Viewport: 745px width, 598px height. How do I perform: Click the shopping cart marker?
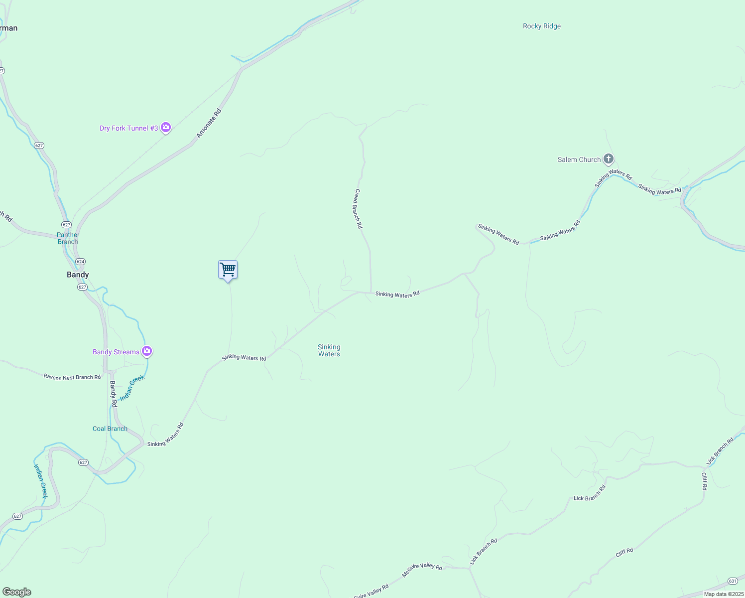[x=228, y=270]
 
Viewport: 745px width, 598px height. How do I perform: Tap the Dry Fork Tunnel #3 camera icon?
[x=166, y=128]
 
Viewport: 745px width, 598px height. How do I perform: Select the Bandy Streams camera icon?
[x=146, y=351]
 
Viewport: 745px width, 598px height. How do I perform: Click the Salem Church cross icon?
[x=608, y=159]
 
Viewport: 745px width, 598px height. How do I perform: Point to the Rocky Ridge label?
[x=541, y=26]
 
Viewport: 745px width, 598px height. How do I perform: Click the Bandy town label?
[x=78, y=275]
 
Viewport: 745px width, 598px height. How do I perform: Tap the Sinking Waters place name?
[x=329, y=350]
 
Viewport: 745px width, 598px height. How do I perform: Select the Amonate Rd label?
[x=208, y=124]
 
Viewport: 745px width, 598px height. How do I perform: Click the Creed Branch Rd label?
[x=358, y=208]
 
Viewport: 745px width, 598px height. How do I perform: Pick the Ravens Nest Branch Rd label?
[x=72, y=377]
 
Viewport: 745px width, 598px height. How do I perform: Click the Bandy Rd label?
[x=113, y=394]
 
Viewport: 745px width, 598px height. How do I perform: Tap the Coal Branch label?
[x=110, y=429]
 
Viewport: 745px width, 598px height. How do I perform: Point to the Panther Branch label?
[x=68, y=238]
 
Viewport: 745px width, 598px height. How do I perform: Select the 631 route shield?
[x=732, y=581]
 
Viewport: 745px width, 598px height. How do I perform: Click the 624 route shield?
[x=81, y=262]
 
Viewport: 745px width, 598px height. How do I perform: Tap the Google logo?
[x=16, y=592]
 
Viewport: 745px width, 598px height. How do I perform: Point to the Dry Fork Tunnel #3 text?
[x=128, y=128]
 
